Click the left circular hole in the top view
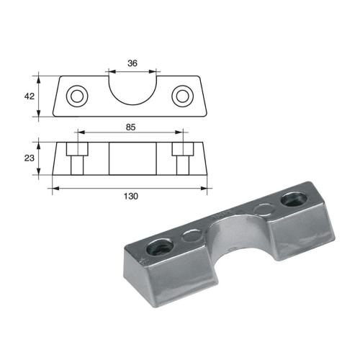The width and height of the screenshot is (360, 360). pyautogui.click(x=76, y=96)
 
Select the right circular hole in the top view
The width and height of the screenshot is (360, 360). pyautogui.click(x=184, y=96)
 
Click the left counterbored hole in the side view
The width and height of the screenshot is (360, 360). pyautogui.click(x=76, y=160)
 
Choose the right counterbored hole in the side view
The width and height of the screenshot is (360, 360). pyautogui.click(x=184, y=160)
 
